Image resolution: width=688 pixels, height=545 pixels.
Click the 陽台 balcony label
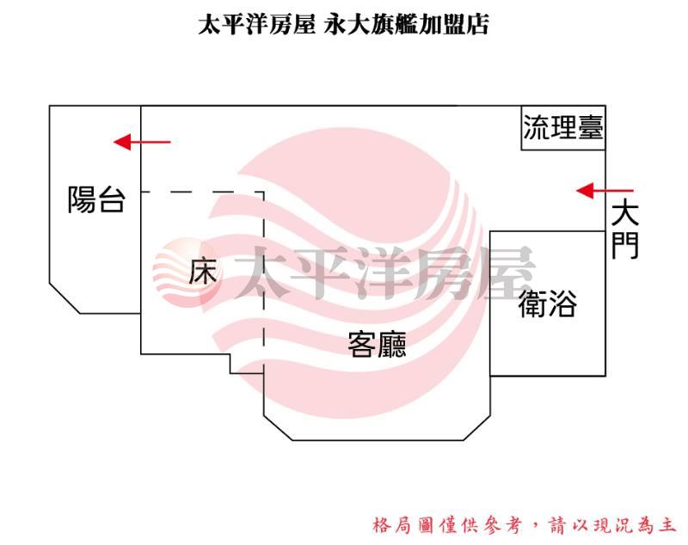tap(97, 199)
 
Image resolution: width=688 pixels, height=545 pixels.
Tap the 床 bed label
tap(203, 271)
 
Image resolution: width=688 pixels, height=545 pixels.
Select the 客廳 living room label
tap(377, 345)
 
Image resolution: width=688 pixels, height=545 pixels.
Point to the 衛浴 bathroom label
tap(547, 303)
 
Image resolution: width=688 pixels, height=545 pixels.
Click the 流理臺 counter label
tap(563, 127)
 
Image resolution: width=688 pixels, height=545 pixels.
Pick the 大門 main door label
tap(625, 229)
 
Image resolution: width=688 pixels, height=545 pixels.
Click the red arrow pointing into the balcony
tap(142, 142)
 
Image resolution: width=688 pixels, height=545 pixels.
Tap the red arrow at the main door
tap(605, 191)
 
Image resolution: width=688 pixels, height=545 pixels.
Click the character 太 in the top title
tap(209, 24)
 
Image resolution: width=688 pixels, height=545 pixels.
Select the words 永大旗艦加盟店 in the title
tap(406, 24)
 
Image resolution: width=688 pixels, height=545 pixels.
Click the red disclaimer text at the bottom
tap(524, 525)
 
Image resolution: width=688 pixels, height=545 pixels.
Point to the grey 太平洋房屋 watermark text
tap(384, 272)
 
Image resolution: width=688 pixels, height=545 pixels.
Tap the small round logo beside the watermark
tap(187, 271)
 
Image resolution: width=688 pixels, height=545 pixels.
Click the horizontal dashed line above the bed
tap(202, 192)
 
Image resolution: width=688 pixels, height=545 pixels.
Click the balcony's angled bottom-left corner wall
tap(64, 298)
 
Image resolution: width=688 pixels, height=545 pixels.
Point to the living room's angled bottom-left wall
tap(278, 427)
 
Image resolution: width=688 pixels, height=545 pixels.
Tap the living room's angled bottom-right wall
tap(477, 427)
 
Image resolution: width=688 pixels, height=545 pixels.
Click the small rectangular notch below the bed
tap(247, 364)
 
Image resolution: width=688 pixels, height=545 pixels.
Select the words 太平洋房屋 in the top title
tap(256, 24)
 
